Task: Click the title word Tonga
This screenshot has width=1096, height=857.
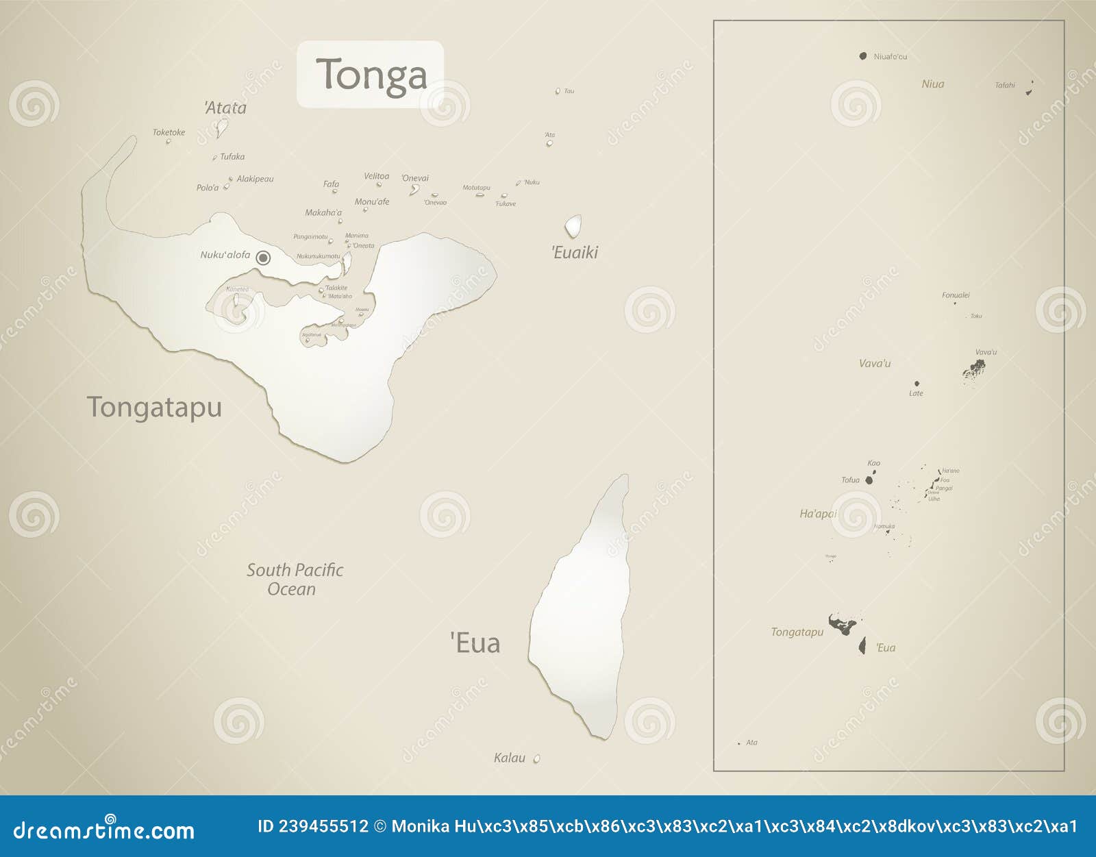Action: [371, 74]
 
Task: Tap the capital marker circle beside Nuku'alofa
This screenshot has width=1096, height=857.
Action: [263, 258]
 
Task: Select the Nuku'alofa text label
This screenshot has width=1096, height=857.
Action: [225, 255]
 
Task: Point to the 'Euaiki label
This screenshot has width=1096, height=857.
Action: [575, 253]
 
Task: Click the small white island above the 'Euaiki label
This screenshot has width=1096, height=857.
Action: [573, 225]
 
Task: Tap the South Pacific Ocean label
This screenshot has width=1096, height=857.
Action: [295, 580]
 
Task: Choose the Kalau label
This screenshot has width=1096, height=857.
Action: [510, 758]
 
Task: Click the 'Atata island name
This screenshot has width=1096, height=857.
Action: [225, 108]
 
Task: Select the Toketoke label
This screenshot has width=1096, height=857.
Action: [169, 132]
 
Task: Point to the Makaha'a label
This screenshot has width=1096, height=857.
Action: [323, 212]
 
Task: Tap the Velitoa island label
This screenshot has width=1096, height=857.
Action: [376, 176]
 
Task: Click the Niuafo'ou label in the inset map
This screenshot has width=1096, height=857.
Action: [891, 57]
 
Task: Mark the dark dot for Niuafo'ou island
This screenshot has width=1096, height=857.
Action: [863, 56]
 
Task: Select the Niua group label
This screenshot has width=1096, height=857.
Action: [933, 84]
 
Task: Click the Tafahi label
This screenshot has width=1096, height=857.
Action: [1005, 86]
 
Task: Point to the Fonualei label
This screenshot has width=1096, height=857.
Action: [956, 295]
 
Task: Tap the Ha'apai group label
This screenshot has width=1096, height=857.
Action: [818, 514]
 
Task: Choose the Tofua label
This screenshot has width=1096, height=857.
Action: [850, 480]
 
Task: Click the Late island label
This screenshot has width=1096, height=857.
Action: [916, 393]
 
